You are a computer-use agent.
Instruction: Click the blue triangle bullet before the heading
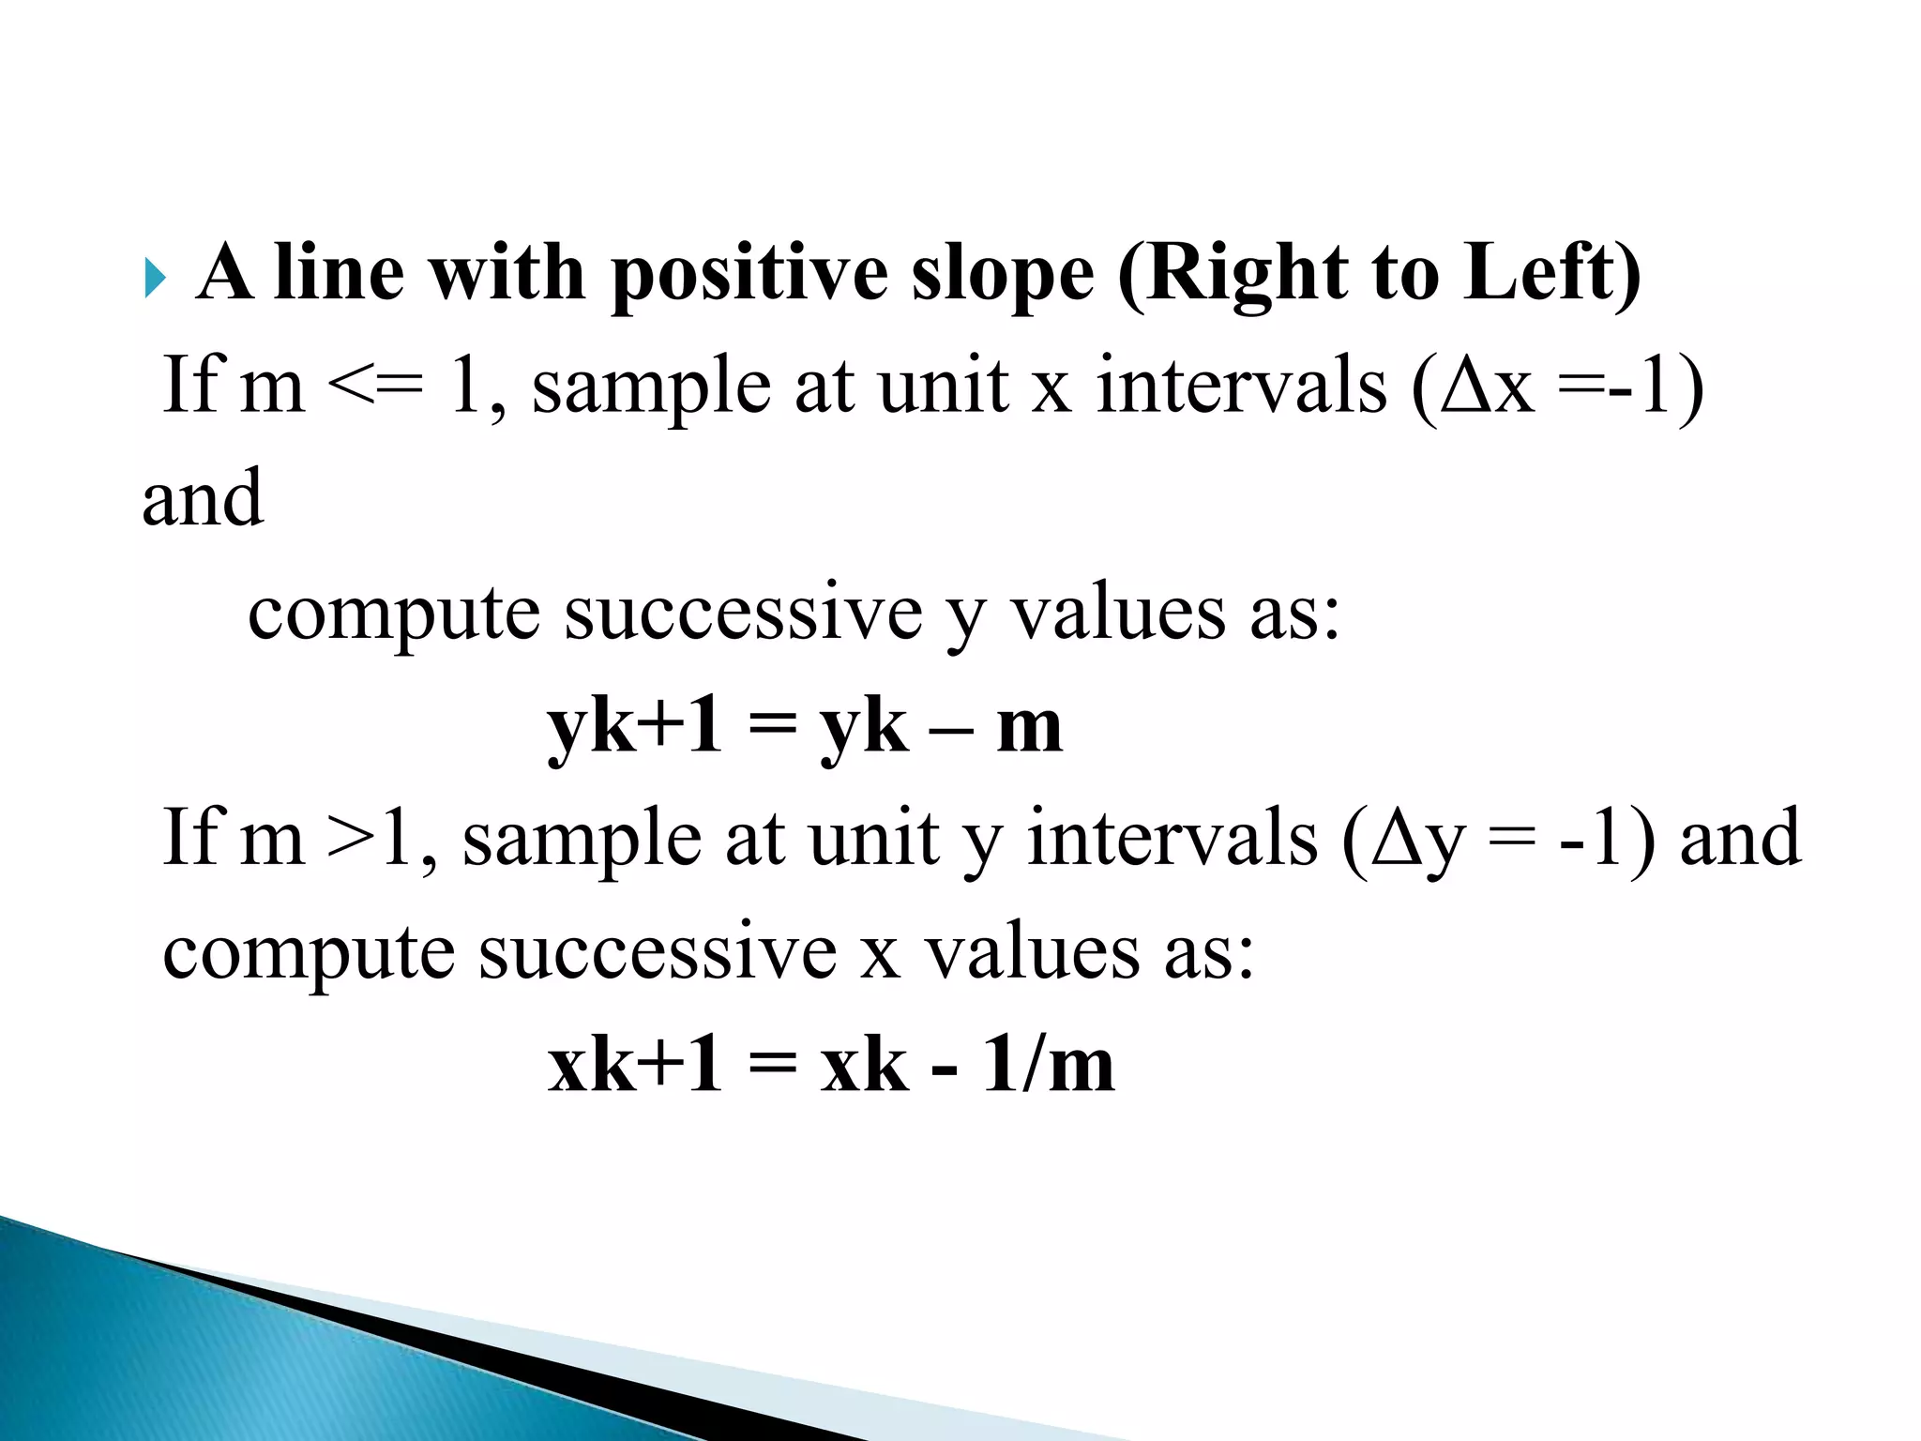[x=156, y=280]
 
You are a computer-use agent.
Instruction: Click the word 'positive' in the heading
[x=748, y=274]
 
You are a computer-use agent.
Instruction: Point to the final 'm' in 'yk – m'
[x=1029, y=728]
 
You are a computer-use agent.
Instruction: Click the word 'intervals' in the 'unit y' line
[x=1172, y=838]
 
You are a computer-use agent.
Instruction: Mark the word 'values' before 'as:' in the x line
[x=1033, y=952]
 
